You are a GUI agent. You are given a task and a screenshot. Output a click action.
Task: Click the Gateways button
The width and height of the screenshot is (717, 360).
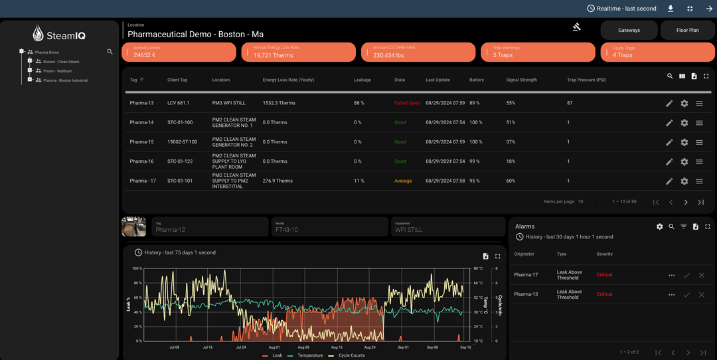(629, 30)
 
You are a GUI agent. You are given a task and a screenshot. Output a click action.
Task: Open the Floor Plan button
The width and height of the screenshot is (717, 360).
(687, 30)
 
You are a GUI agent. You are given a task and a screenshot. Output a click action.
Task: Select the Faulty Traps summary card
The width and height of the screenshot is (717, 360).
(657, 52)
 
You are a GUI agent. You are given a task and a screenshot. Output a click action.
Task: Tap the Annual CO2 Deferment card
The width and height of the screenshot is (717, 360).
(418, 52)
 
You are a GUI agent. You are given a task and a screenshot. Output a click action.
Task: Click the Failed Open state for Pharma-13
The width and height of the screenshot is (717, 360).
(406, 103)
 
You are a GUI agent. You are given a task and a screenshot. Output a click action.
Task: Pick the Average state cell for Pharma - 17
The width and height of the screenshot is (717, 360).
(403, 181)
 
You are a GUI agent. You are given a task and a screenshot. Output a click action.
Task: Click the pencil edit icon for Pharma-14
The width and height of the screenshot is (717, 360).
(669, 123)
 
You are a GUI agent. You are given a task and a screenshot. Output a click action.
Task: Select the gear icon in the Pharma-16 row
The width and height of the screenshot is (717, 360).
(684, 161)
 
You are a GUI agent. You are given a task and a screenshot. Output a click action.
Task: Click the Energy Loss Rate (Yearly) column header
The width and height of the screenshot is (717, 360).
(288, 80)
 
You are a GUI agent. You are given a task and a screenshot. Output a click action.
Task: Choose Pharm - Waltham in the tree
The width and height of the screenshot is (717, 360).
(57, 71)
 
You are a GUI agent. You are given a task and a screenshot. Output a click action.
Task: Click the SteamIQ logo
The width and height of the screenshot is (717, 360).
(59, 33)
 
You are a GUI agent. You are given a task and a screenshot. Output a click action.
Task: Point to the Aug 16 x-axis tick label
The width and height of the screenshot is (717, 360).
(335, 347)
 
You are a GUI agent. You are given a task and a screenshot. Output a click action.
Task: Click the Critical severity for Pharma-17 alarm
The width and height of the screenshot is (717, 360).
(604, 275)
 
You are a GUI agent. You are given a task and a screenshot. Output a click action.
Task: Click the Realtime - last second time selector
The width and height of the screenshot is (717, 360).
(622, 9)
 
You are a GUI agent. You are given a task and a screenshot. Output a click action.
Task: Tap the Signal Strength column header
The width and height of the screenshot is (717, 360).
(521, 80)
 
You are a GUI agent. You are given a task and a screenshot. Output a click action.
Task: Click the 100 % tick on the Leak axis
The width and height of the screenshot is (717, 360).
(137, 268)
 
